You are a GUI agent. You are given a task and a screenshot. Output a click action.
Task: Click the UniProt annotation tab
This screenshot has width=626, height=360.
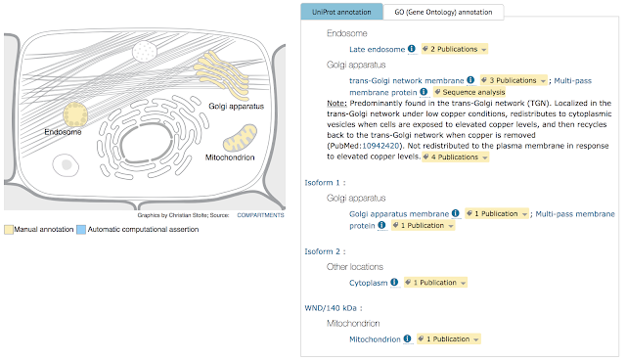click(341, 12)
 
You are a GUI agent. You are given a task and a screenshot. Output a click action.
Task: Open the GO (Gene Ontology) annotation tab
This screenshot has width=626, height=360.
click(443, 12)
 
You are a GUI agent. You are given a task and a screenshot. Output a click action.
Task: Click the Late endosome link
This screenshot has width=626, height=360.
click(377, 50)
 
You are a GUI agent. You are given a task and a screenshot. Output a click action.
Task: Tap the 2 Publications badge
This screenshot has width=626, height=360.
click(455, 49)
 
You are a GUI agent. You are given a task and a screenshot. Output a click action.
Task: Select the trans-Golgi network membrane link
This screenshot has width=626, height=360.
click(407, 80)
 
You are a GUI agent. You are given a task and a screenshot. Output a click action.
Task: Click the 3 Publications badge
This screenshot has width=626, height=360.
click(514, 80)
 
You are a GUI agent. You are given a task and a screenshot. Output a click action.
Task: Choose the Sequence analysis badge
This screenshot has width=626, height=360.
click(469, 92)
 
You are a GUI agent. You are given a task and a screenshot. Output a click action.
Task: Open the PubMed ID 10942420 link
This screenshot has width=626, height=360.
click(380, 146)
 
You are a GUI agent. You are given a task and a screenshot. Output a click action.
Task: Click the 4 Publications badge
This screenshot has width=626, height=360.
click(456, 157)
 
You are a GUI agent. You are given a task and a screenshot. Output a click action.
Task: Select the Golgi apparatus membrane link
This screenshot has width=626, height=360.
click(399, 214)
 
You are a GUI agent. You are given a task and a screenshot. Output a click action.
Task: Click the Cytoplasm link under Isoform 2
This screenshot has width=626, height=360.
click(368, 283)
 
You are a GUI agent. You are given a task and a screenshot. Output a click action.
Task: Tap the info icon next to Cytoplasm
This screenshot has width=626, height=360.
click(394, 282)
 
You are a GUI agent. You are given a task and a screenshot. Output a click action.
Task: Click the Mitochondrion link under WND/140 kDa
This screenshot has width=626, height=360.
click(375, 339)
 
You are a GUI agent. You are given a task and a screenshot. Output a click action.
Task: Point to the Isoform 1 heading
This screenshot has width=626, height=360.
click(325, 182)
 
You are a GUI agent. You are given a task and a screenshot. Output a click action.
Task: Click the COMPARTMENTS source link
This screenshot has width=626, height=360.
click(260, 215)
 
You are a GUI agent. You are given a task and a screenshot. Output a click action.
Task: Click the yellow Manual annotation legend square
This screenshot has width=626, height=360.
click(9, 230)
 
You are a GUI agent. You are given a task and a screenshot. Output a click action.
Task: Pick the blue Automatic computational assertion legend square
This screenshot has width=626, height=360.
click(81, 230)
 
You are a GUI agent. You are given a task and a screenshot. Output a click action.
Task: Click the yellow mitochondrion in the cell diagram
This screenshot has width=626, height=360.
click(240, 138)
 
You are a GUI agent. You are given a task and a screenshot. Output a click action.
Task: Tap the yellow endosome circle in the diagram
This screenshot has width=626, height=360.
click(75, 114)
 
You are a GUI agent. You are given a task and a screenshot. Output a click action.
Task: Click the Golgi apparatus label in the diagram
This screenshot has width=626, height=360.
click(236, 107)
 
